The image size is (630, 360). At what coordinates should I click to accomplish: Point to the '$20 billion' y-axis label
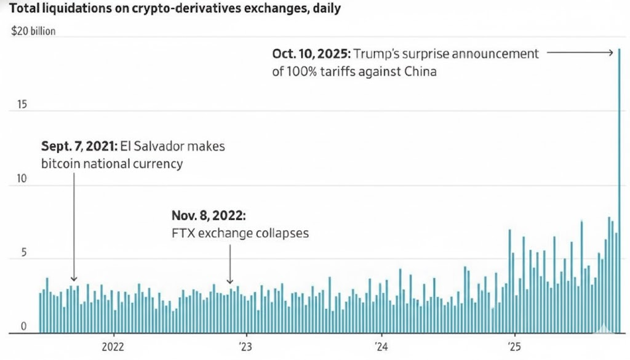click(34, 31)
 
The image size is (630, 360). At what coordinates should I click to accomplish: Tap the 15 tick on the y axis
click(23, 105)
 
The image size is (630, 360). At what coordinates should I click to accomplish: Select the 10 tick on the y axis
click(23, 179)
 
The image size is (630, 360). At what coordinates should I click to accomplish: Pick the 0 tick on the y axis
click(23, 327)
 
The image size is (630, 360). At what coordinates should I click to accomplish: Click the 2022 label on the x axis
click(113, 346)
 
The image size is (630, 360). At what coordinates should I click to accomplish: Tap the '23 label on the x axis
click(245, 346)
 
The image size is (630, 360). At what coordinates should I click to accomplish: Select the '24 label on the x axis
click(380, 346)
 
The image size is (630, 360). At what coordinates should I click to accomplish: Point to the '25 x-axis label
click(514, 346)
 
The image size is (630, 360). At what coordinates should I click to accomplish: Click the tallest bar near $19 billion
click(619, 191)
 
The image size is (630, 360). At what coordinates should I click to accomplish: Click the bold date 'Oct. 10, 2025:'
click(309, 54)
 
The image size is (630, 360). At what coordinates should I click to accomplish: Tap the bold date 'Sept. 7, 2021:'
click(78, 147)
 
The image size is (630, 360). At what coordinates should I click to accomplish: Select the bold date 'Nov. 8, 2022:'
click(208, 216)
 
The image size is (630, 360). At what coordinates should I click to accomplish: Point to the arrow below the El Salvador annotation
click(74, 228)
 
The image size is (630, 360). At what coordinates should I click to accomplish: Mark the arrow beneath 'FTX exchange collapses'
click(230, 265)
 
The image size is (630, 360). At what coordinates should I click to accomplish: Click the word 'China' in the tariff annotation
click(420, 71)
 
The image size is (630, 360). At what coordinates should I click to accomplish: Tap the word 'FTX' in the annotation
click(182, 234)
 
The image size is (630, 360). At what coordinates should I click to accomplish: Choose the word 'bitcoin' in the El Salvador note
click(60, 164)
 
